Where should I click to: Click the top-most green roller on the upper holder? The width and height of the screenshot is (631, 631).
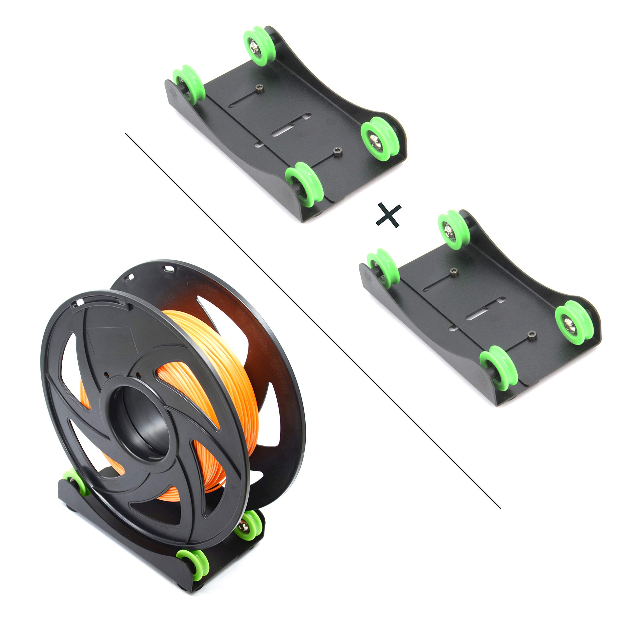(259, 46)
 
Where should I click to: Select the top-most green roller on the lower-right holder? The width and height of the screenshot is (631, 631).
(453, 230)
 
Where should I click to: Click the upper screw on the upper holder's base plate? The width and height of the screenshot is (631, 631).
(260, 87)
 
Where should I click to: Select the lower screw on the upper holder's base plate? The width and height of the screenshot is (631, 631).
(337, 151)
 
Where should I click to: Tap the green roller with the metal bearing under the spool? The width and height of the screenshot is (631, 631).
(247, 525)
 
